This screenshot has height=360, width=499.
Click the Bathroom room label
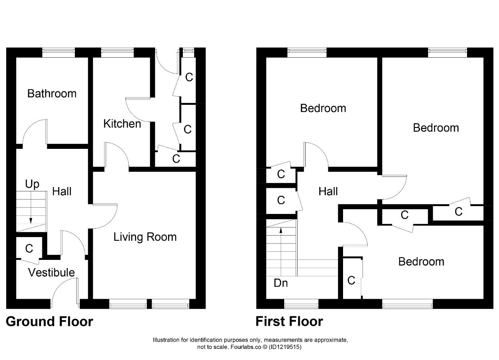pyautogui.click(x=52, y=94)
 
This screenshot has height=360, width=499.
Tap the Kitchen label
pyautogui.click(x=122, y=124)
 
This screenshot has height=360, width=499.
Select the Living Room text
pyautogui.click(x=145, y=237)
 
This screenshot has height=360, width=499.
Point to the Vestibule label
pyautogui.click(x=51, y=272)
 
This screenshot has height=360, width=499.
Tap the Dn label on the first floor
pyautogui.click(x=281, y=283)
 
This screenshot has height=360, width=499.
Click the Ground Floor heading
pyautogui.click(x=50, y=322)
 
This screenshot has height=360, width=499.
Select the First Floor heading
pyautogui.click(x=289, y=322)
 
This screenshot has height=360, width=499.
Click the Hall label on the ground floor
pyautogui.click(x=62, y=191)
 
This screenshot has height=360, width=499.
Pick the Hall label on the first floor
pyautogui.click(x=328, y=191)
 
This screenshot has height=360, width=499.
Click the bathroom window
pyautogui.click(x=58, y=53)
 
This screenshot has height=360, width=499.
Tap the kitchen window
pyautogui.click(x=117, y=53)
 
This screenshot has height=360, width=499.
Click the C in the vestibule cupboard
pyautogui.click(x=29, y=249)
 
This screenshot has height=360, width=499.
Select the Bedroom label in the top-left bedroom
pyautogui.click(x=323, y=108)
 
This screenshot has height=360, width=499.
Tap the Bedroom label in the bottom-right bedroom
pyautogui.click(x=421, y=262)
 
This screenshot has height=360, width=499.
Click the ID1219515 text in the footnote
pyautogui.click(x=285, y=347)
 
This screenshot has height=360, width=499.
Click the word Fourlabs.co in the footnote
pyautogui.click(x=246, y=347)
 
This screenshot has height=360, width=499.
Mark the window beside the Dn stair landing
pyautogui.click(x=301, y=304)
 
